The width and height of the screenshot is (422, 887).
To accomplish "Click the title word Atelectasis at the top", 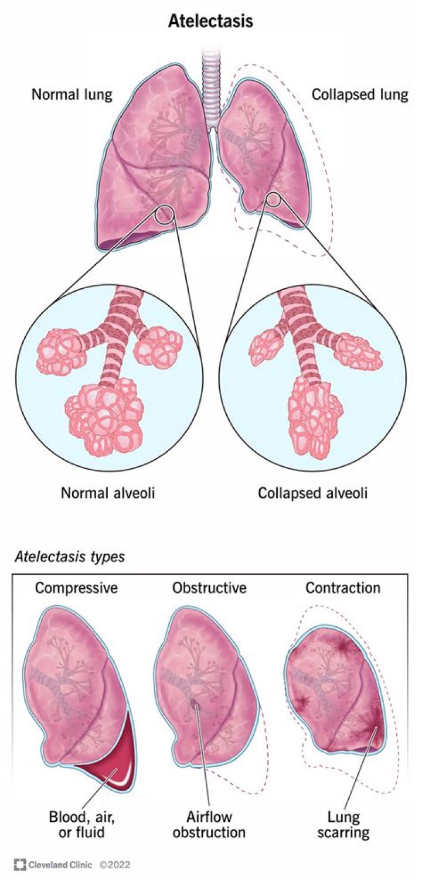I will [210, 22].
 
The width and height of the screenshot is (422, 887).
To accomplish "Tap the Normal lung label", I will [72, 94].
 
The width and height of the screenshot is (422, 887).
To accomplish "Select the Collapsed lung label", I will [359, 94].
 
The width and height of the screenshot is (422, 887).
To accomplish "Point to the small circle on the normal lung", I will [165, 215].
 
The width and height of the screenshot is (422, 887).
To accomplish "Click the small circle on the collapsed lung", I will [273, 200].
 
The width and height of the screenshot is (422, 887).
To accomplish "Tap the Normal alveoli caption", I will [108, 493].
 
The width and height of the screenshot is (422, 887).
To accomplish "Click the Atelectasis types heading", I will [70, 556].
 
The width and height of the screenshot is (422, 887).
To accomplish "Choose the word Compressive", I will [76, 588].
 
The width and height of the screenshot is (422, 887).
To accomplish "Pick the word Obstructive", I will [209, 588].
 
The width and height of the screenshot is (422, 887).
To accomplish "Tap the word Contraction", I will [343, 588].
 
